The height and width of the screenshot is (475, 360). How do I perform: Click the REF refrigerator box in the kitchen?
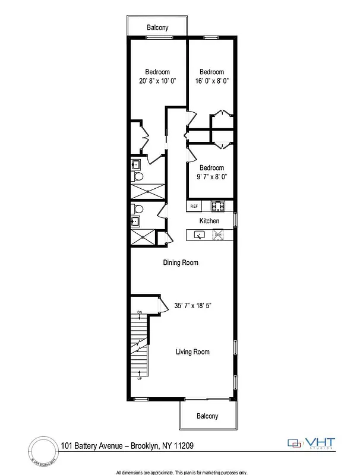pyautogui.click(x=194, y=207)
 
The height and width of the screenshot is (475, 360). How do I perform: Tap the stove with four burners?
pyautogui.click(x=217, y=207)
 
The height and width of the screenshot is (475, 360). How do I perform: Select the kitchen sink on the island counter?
pyautogui.click(x=200, y=235)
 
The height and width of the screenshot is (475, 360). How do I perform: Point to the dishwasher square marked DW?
pyautogui.click(x=218, y=235)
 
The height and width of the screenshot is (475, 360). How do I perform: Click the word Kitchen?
pyautogui.click(x=209, y=221)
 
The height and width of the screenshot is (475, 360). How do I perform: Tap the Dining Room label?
pyautogui.click(x=181, y=262)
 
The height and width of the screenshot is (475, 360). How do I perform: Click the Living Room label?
pyautogui.click(x=192, y=352)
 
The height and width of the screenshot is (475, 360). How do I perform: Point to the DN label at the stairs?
pyautogui.click(x=139, y=312)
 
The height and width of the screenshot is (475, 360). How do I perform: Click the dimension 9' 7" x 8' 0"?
pyautogui.click(x=211, y=176)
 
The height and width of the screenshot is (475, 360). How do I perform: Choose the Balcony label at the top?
pyautogui.click(x=157, y=27)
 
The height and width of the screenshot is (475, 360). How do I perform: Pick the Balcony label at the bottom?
pyautogui.click(x=207, y=416)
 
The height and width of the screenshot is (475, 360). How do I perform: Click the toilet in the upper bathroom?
pyautogui.click(x=138, y=177)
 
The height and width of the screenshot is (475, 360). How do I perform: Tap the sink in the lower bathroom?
pyautogui.click(x=135, y=222)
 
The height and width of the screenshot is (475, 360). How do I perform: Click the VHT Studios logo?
pyautogui.click(x=311, y=443)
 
